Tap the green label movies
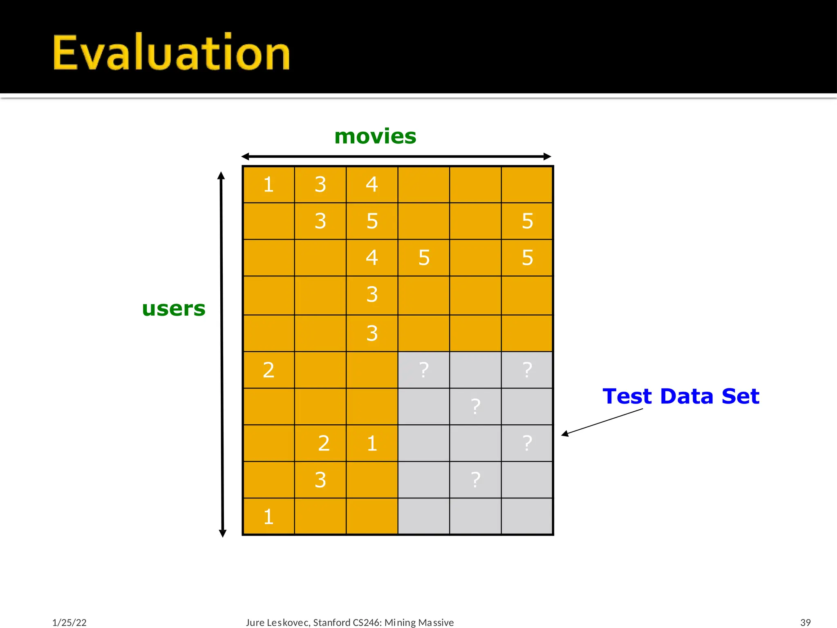coord(375,136)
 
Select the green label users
coord(174,308)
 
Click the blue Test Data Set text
coord(681,396)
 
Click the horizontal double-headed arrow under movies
coord(396,156)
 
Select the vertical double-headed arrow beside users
coord(222,354)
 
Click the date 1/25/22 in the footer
coord(69,622)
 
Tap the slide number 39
coord(805,622)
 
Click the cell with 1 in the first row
coord(269,184)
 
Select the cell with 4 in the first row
coord(372,184)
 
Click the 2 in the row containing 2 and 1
coord(324,443)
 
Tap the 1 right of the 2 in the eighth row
coord(372,443)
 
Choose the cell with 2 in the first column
coord(269,370)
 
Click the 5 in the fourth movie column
coord(424,258)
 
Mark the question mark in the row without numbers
coord(475,406)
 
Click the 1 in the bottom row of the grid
coord(269,516)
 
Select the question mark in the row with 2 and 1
coord(527,443)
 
